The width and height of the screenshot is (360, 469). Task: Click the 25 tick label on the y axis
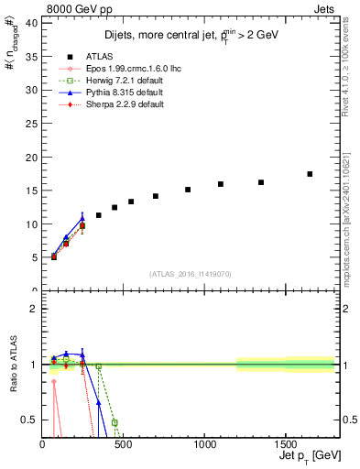tap(32, 124)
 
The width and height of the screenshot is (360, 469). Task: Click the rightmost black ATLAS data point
tap(310, 174)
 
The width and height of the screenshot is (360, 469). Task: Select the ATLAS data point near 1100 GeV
tap(221, 184)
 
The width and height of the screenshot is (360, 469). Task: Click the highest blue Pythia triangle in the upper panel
tap(82, 218)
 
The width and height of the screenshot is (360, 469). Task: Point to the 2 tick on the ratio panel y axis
tap(34, 308)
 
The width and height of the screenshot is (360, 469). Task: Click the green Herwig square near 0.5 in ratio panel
tap(115, 422)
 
